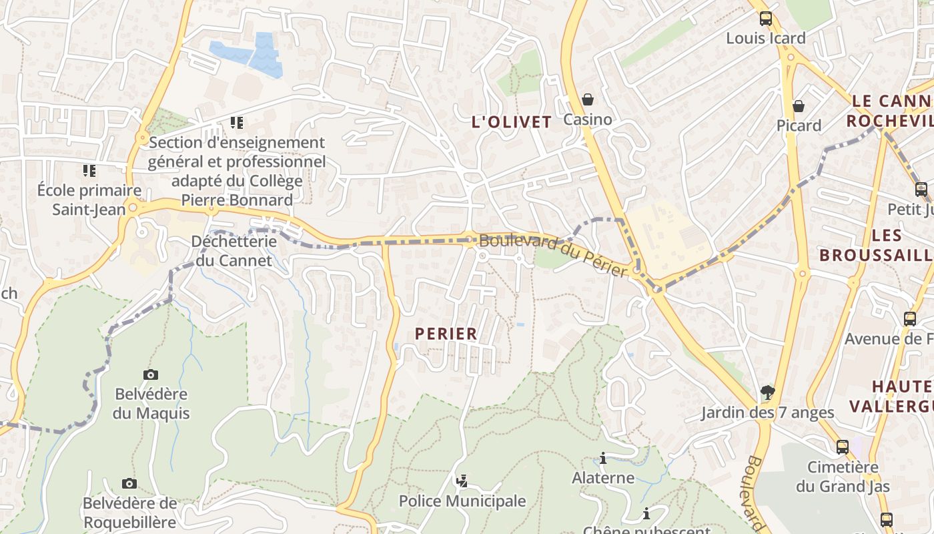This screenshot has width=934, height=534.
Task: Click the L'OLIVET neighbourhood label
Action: (512, 121)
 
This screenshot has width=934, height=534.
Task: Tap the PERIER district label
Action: (446, 333)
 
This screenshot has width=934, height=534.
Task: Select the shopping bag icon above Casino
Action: (588, 99)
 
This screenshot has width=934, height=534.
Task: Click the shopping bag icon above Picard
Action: (799, 106)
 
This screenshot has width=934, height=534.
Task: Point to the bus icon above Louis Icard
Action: (766, 19)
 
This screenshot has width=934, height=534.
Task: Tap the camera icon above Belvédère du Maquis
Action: (151, 374)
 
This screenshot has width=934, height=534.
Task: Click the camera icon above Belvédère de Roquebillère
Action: (129, 483)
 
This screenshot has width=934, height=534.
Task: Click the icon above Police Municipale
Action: (462, 481)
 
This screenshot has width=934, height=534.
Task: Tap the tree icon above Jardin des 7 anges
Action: (768, 392)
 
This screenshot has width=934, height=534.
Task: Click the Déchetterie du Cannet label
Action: (233, 250)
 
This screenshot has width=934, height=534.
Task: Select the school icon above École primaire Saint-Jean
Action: (89, 171)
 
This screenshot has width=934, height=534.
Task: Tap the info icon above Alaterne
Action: (603, 458)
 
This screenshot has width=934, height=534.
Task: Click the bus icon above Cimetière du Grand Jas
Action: (843, 447)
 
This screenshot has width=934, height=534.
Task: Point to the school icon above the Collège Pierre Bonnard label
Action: (237, 123)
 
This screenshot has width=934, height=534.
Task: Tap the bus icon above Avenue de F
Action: (910, 319)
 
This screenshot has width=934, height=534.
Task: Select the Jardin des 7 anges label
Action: (767, 413)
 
